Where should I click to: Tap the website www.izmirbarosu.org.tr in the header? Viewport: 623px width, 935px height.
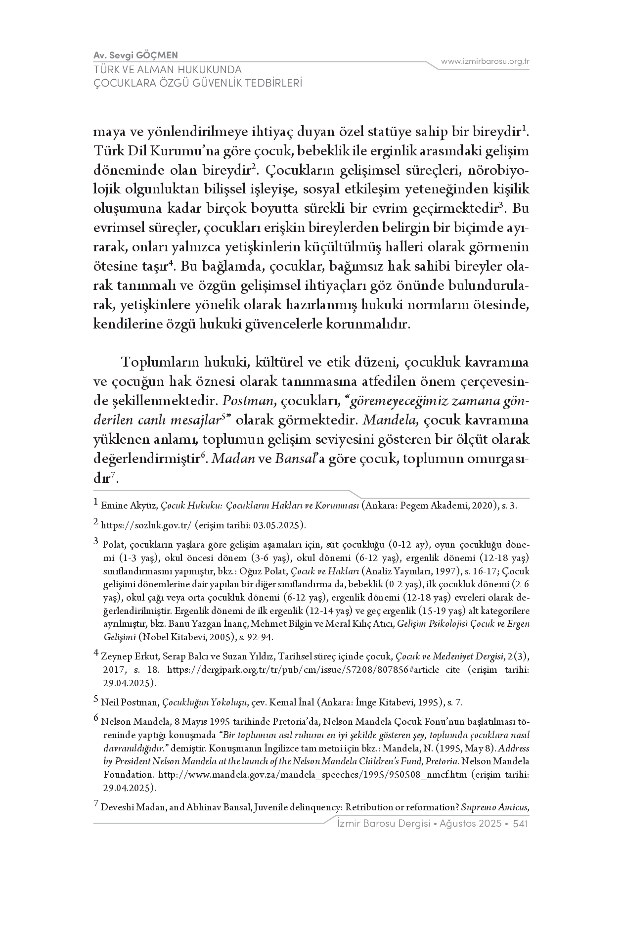click(x=486, y=61)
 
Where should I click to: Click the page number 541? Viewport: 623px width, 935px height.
click(x=521, y=824)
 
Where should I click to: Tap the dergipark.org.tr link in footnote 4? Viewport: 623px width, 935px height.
click(x=314, y=670)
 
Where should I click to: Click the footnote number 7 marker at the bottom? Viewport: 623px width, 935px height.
click(x=96, y=805)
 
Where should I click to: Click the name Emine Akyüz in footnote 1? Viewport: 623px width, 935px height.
click(x=130, y=506)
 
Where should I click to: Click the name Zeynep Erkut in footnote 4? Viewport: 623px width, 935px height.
click(x=126, y=656)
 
